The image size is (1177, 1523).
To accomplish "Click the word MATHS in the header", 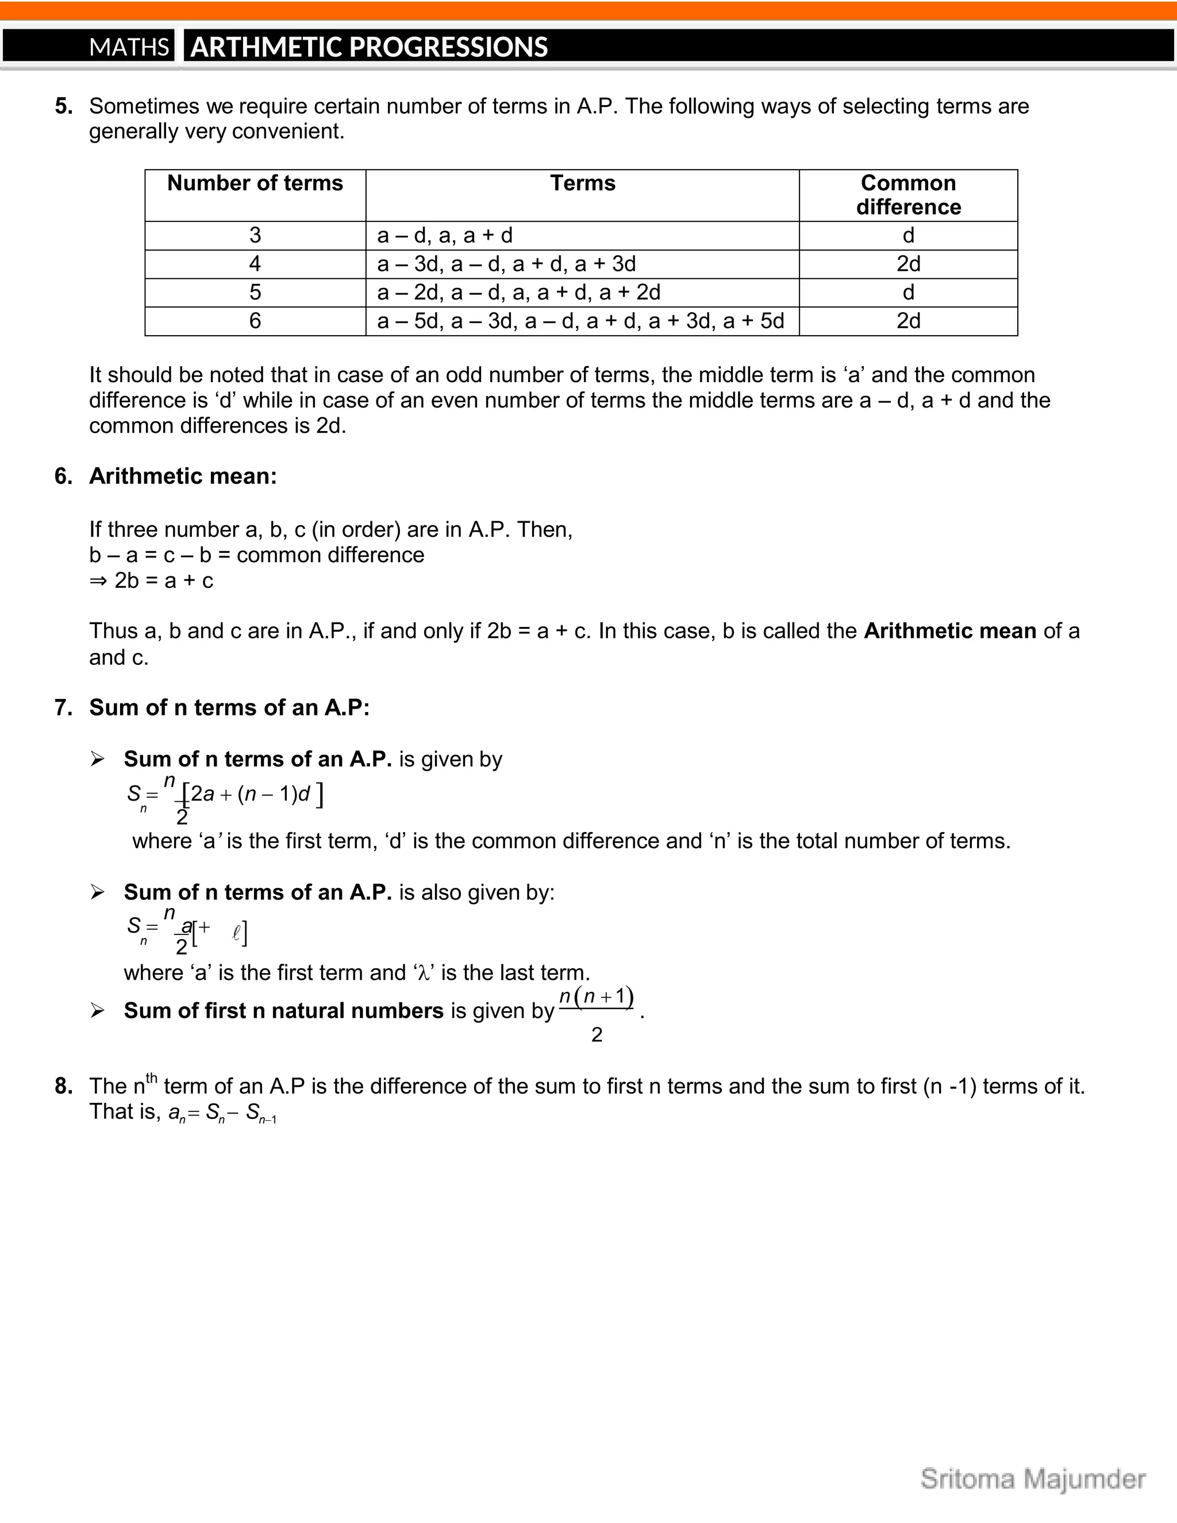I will click(129, 47).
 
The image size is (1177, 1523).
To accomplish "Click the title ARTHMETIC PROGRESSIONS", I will click(369, 47).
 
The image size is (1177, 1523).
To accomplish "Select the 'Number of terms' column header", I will click(255, 183).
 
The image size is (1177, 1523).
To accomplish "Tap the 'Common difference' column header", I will click(908, 195).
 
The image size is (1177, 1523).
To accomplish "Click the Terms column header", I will click(582, 183).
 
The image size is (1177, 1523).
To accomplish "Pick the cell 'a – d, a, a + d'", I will click(445, 236).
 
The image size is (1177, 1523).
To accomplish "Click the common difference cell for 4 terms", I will click(908, 264).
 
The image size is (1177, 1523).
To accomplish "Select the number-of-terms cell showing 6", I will click(255, 321).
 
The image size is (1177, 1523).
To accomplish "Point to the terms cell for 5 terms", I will click(519, 292).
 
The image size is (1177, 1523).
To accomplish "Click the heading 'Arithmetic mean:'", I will click(183, 476).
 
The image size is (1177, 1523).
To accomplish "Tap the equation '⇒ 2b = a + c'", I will click(151, 580).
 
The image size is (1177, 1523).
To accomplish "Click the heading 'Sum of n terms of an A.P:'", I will click(229, 708).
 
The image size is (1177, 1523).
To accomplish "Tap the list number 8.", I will click(63, 1086).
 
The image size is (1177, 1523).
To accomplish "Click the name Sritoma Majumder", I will click(1033, 1479).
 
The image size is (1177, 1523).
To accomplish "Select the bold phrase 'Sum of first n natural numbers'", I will click(283, 1010).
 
